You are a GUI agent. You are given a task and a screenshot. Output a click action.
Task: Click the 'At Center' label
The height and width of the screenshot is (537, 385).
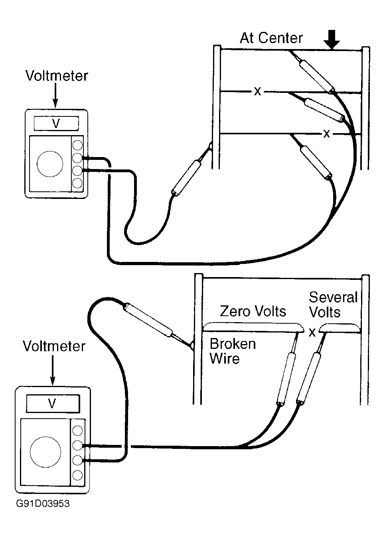(x=271, y=38)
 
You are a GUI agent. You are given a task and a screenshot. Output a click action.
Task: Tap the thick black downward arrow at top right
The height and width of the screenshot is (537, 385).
(x=332, y=39)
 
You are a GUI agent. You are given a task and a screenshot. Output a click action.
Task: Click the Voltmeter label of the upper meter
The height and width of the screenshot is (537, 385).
(x=57, y=76)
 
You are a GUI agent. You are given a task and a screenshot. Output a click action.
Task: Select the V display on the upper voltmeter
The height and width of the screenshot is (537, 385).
(x=56, y=124)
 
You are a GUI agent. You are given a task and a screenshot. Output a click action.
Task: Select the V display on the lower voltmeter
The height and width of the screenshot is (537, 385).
(x=53, y=403)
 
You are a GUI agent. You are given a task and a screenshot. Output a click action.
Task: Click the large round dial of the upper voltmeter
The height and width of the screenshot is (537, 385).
(x=50, y=164)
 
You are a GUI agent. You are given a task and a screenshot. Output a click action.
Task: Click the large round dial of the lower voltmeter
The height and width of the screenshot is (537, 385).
(x=45, y=452)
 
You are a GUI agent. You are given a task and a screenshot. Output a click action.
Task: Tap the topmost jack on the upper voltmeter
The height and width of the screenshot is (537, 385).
(x=77, y=145)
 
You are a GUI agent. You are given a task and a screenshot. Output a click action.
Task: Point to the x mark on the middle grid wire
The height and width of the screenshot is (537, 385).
(x=257, y=91)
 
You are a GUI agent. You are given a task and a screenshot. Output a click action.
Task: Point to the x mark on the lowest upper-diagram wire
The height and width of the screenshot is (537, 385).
(x=326, y=134)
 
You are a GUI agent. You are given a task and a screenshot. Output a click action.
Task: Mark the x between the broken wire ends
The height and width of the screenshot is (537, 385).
(x=312, y=332)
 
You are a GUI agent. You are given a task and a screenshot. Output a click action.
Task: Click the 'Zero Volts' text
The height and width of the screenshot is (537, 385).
(x=253, y=311)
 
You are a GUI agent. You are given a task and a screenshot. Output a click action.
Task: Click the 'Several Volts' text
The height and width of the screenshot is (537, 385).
(x=333, y=305)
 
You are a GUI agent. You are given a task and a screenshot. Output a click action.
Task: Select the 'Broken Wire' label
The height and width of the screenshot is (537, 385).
(x=233, y=352)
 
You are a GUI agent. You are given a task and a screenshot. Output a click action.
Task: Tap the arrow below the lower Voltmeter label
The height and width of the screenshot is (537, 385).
(x=53, y=370)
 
